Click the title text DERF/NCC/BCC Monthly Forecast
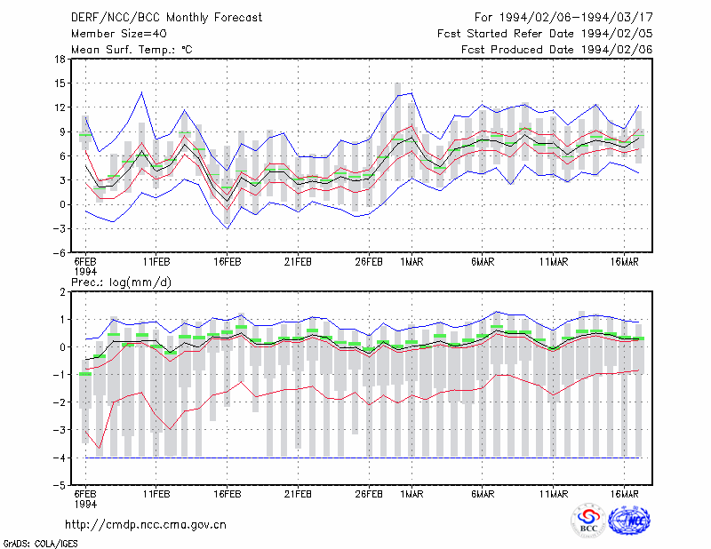pos(166,18)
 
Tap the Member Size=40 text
pos(119,34)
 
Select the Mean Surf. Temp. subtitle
pos(132,50)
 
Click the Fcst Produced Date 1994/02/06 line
pos(557,50)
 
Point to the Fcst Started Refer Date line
pos(545,34)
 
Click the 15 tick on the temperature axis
pos(60,84)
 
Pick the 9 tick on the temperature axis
pos(62,132)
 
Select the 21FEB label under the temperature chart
pos(298,262)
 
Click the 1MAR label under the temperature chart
pos(411,262)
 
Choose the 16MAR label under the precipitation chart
pos(625,494)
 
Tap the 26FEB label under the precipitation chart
pos(369,494)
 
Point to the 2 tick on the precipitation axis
pos(62,292)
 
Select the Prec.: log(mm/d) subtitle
pos(122,282)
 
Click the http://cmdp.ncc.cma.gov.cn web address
pos(146,525)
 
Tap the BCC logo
pos(588,521)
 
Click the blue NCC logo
pos(629,521)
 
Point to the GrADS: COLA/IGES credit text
pos(41,544)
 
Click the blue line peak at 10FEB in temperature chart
pos(142,92)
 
